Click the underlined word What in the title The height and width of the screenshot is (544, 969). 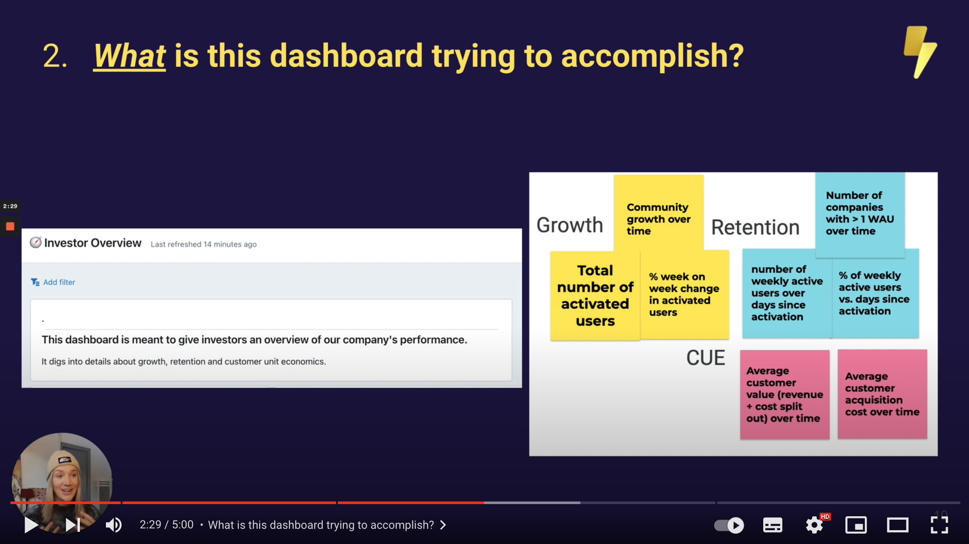(x=129, y=56)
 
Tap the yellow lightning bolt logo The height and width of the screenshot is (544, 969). (x=920, y=52)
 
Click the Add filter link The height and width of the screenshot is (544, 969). (x=53, y=282)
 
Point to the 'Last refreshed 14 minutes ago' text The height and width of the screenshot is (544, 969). (x=204, y=244)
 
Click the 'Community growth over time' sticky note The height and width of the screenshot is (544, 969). (x=659, y=213)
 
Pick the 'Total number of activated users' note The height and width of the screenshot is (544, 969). (x=595, y=295)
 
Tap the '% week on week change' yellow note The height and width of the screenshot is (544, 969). (x=685, y=295)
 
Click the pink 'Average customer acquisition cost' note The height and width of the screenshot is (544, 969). (x=882, y=394)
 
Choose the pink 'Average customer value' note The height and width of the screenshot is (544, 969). (x=784, y=394)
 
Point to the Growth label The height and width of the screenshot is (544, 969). (x=570, y=225)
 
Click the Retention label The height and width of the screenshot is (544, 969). (x=755, y=227)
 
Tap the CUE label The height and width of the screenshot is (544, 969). (x=705, y=358)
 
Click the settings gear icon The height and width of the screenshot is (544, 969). (x=814, y=525)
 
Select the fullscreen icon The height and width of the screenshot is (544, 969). (x=939, y=525)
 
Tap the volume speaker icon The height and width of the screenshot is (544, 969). (x=114, y=525)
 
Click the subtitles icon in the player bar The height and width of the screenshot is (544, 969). (x=773, y=525)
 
